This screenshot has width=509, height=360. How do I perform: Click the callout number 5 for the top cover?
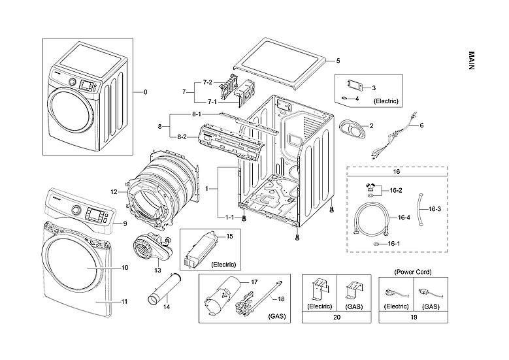(338, 61)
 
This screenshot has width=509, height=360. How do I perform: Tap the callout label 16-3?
(435, 208)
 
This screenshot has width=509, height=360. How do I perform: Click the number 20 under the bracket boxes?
(337, 317)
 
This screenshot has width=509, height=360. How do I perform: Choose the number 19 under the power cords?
(414, 317)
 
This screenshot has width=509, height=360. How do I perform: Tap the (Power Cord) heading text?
(414, 271)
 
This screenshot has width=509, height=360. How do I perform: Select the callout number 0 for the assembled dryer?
(145, 92)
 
